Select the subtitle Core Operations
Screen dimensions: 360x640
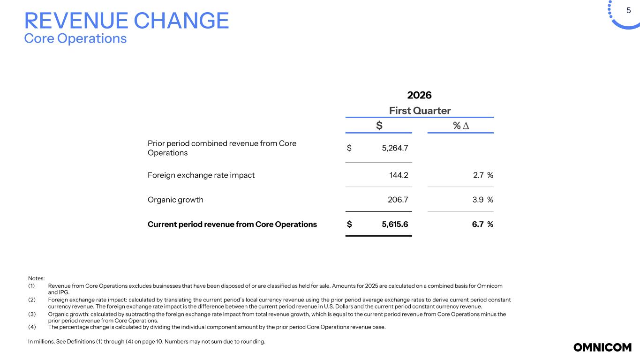75,38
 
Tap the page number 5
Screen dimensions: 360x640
628,10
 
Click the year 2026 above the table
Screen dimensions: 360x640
419,95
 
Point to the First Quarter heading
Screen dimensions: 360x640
419,111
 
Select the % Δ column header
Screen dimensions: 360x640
460,126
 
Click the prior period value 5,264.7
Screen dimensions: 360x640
395,148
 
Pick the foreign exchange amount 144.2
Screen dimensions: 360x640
399,175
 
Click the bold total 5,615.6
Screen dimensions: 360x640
395,224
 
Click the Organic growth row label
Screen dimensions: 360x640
175,200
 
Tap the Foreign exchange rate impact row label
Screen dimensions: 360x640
201,175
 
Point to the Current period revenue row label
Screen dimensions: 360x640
232,224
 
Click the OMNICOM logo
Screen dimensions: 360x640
602,347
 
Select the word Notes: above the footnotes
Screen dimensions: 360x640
36,278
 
